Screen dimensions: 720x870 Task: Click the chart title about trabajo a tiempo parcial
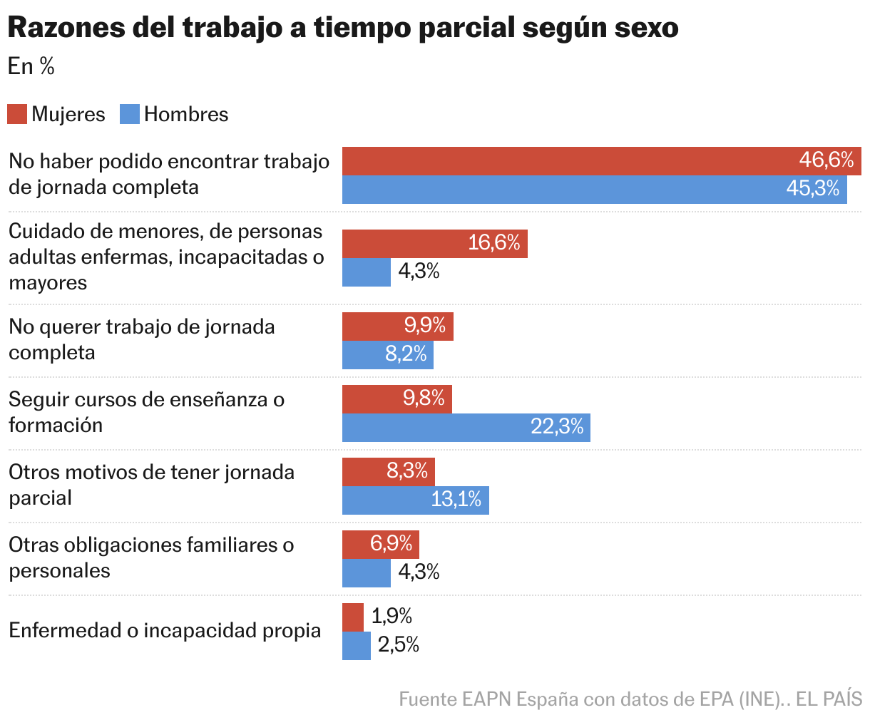coord(342,29)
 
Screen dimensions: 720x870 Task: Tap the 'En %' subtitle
coord(31,66)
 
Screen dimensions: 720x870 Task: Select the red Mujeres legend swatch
coord(17,114)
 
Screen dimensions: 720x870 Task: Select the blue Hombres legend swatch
coord(130,114)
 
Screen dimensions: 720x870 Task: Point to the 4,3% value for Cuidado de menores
coord(419,272)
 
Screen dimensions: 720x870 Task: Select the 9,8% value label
coord(424,398)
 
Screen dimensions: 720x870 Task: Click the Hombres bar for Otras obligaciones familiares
coord(366,573)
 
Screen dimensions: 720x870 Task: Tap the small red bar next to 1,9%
coord(352,617)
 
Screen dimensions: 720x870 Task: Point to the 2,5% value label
coord(398,645)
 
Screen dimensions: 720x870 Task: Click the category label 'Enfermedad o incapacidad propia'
coord(165,631)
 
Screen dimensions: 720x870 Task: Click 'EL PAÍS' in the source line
coord(829,699)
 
